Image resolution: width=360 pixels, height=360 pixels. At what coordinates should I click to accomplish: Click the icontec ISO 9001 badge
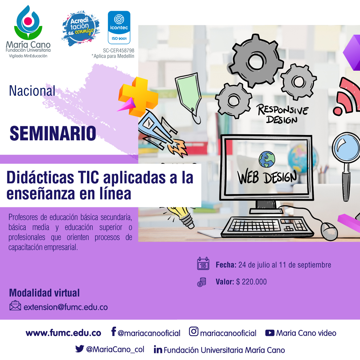tap(119, 27)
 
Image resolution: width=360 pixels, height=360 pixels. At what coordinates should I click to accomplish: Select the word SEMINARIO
tap(53, 133)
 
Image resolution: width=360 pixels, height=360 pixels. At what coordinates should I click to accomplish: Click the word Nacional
tap(32, 91)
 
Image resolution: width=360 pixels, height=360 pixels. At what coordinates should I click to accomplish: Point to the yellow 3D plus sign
tap(138, 97)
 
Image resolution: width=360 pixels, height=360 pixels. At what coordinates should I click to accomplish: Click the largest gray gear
tap(256, 61)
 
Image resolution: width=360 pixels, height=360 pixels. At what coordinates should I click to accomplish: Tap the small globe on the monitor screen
tap(267, 159)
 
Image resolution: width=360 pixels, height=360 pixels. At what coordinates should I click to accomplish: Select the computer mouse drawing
tap(329, 231)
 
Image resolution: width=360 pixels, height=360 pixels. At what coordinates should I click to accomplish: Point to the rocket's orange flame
tap(177, 148)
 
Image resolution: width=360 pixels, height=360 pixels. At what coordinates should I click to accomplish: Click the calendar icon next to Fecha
tap(203, 264)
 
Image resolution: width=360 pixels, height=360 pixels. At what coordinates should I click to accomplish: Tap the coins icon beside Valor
tap(202, 282)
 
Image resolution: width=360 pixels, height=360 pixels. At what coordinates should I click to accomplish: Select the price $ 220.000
tap(251, 282)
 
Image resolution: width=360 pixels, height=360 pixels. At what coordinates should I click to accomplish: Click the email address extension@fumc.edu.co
tap(66, 307)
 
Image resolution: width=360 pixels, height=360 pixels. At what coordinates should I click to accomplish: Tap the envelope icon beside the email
tap(15, 306)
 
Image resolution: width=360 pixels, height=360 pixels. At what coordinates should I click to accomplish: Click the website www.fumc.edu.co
tap(63, 333)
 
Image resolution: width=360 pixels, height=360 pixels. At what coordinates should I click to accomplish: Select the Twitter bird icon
tap(80, 349)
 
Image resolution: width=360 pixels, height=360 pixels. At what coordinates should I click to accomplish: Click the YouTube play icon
tap(270, 333)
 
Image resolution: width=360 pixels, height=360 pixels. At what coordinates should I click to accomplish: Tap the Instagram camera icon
tap(194, 332)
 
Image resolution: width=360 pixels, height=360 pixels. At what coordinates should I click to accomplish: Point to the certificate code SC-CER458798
tap(118, 51)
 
